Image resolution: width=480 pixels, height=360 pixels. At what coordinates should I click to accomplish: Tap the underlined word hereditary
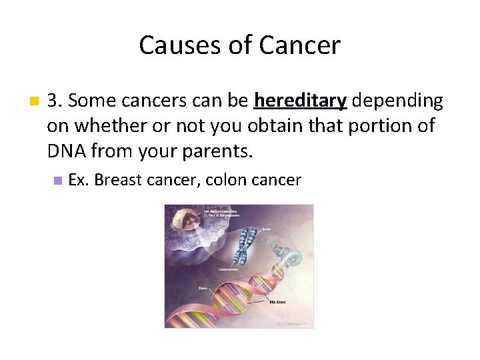(300, 101)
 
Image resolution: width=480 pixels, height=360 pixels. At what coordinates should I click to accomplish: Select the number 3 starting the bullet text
(53, 101)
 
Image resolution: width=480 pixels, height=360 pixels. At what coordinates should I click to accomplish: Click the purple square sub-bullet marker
(58, 180)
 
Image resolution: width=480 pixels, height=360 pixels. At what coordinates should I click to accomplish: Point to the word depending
(397, 101)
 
